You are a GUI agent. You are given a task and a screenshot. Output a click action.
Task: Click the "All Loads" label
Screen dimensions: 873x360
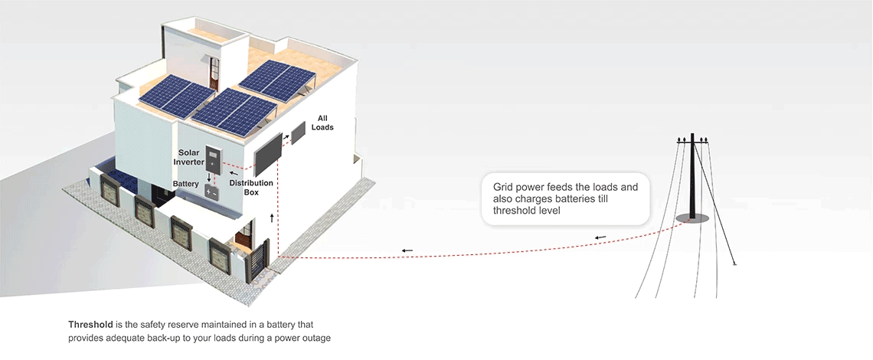pos(322,123)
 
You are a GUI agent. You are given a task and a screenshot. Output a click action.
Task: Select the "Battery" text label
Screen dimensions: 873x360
pos(185,184)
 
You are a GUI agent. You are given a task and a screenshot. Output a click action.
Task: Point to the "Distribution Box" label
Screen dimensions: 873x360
pos(251,187)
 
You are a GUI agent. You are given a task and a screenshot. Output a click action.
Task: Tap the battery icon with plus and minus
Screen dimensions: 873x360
pos(211,192)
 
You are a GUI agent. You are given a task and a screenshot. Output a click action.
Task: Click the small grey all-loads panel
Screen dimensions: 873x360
pos(299,133)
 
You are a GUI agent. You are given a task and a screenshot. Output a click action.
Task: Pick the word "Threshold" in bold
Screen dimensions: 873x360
pos(90,324)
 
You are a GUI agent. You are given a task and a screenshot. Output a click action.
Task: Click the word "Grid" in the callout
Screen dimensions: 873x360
pos(502,187)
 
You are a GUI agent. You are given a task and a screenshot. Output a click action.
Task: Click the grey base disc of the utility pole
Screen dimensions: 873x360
pos(692,218)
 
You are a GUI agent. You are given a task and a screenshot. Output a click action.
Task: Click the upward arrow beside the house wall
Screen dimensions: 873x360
pos(272,218)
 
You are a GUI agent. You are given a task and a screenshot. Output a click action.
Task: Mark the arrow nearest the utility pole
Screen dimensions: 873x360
pos(600,238)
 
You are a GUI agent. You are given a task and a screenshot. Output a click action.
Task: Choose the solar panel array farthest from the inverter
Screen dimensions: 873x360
pos(277,80)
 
